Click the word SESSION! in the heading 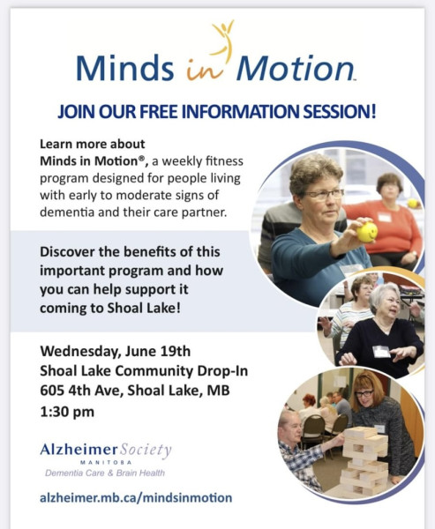tap(340, 112)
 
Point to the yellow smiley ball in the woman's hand tap(367, 232)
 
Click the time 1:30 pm tap(67, 412)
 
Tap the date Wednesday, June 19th tap(116, 351)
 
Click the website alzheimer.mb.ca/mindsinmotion tap(136, 497)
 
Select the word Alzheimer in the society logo tap(79, 450)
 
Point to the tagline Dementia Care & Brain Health tap(105, 473)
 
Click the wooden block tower tap(364, 458)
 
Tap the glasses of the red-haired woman tap(364, 393)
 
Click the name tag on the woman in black tap(381, 351)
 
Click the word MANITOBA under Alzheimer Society tap(106, 462)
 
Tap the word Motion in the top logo tap(296, 68)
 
